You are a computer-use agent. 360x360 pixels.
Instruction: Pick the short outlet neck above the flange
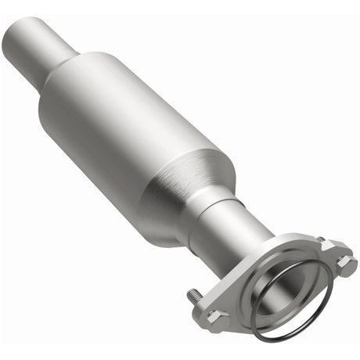tap(235, 223)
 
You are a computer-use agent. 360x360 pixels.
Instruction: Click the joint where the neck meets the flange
tap(262, 239)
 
